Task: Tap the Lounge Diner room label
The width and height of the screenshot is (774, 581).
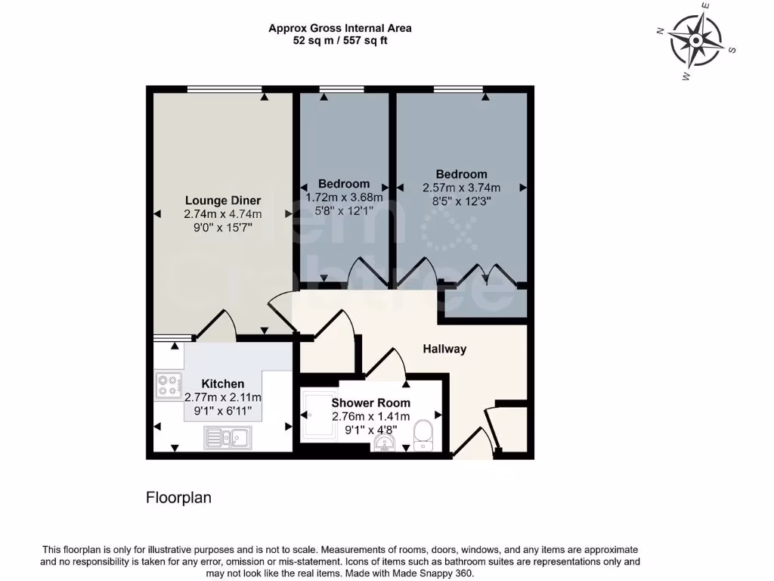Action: click(223, 200)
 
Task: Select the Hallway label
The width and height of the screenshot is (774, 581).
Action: click(444, 349)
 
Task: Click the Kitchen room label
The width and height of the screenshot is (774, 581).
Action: click(222, 384)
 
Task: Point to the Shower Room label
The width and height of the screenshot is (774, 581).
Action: click(370, 403)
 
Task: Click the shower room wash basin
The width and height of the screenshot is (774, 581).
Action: click(385, 443)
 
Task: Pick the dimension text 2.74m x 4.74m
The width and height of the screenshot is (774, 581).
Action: click(223, 214)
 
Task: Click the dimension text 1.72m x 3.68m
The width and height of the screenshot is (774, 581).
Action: click(344, 197)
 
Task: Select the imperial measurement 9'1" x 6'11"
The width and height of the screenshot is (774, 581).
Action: click(223, 412)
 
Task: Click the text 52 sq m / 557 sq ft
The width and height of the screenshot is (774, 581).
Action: click(340, 41)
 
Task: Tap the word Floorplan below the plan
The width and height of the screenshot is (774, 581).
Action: click(178, 498)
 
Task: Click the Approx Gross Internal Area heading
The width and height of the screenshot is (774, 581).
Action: click(340, 28)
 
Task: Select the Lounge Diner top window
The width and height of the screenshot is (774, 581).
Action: click(224, 89)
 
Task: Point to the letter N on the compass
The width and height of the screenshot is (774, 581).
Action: click(660, 31)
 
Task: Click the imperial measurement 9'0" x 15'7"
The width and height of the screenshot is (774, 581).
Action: click(223, 227)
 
